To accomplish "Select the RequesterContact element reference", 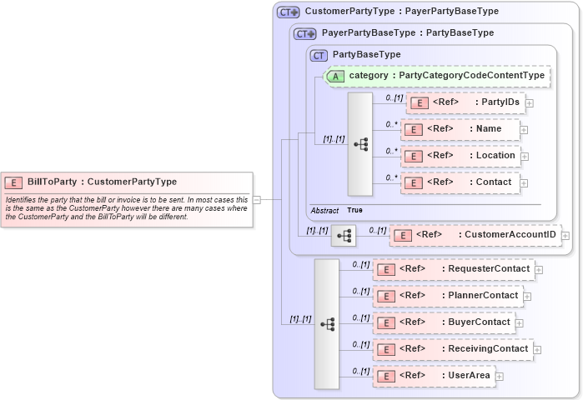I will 454,269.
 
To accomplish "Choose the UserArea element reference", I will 433,376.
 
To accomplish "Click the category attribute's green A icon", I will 335,76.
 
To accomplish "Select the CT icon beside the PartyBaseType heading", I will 318,55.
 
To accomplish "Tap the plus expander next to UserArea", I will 499,377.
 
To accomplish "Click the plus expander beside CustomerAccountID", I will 565,236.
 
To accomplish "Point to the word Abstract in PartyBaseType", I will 324,211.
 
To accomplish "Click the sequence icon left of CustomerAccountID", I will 343,236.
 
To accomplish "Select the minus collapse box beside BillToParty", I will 257,200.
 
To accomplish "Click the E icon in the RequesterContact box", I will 385,269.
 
